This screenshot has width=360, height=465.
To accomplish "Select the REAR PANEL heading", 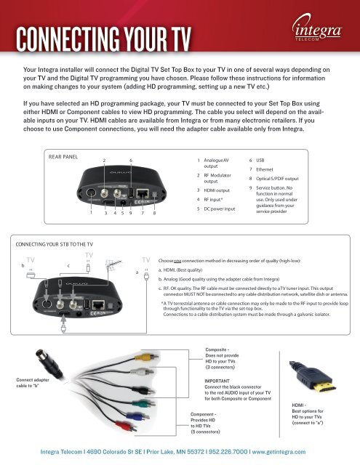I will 63,156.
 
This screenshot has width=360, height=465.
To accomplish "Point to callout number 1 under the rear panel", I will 91,214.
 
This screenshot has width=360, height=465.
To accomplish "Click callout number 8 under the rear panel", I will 155,214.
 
